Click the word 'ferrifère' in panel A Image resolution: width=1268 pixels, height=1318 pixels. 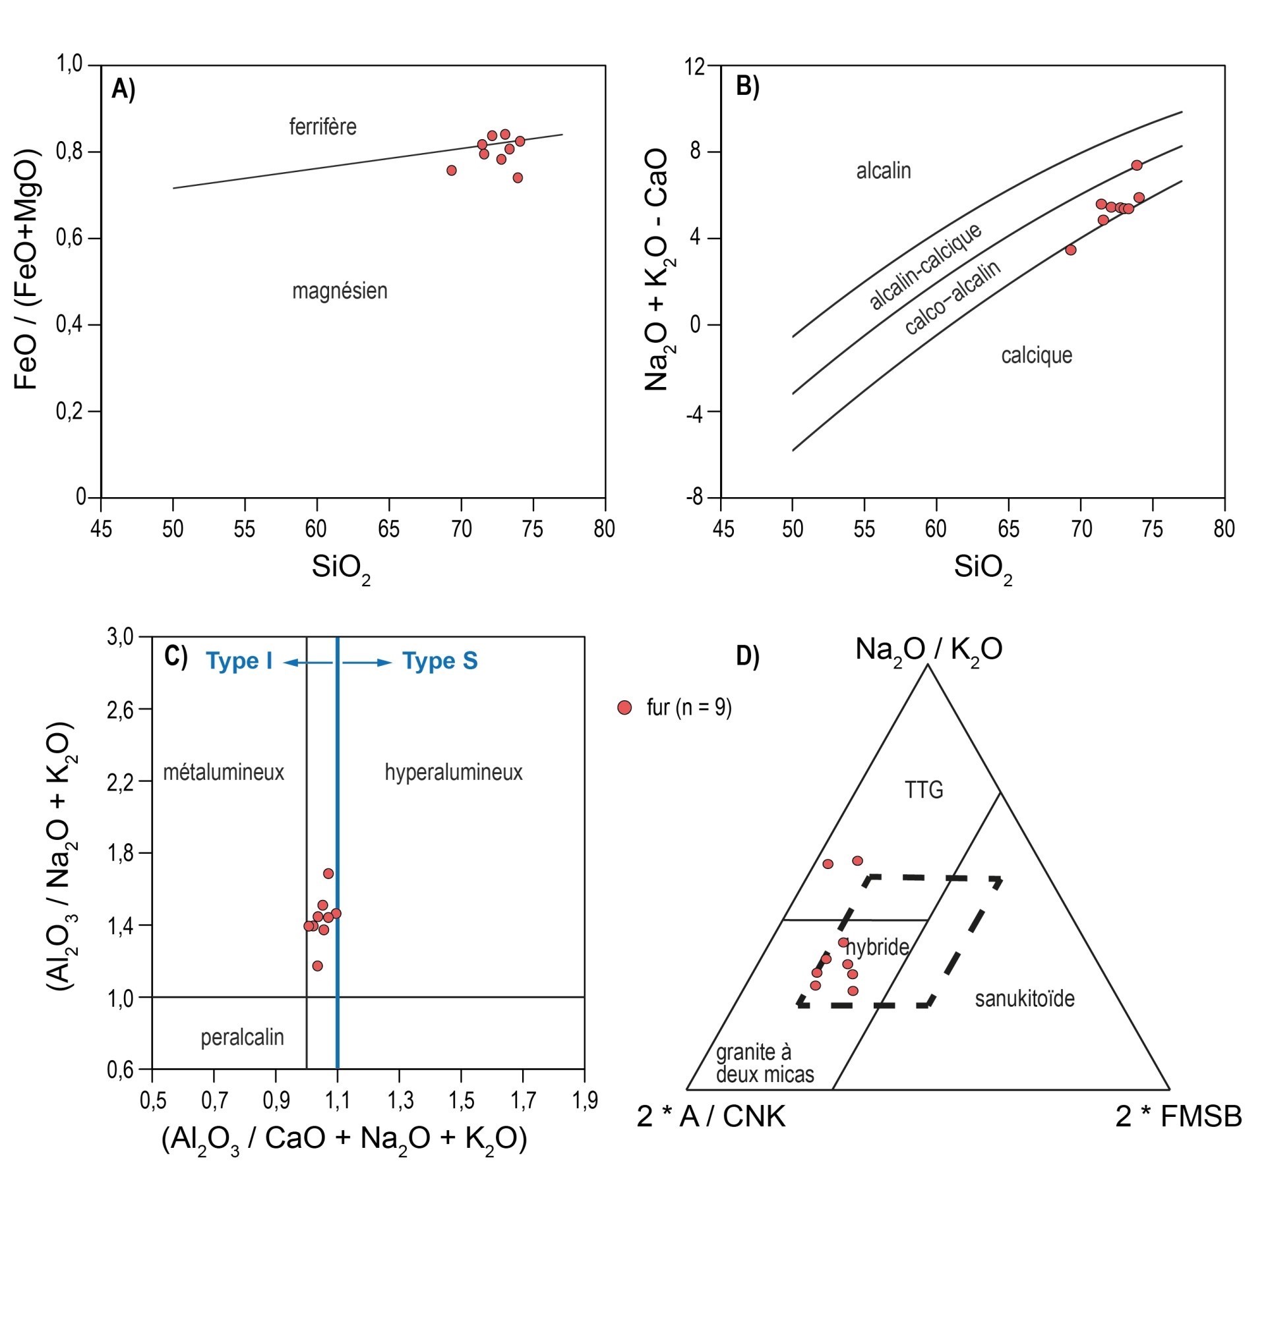322,127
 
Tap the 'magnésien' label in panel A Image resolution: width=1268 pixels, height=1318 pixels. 339,291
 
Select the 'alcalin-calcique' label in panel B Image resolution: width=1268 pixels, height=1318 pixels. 924,266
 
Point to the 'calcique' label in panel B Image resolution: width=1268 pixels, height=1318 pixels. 1036,355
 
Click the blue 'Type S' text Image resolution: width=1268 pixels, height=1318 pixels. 440,661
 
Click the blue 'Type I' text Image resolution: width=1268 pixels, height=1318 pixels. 239,661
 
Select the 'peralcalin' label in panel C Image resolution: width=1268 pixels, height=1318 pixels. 242,1038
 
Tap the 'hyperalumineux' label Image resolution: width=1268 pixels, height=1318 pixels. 454,772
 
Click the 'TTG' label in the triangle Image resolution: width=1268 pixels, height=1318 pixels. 924,789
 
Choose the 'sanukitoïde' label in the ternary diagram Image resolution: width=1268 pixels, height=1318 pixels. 1024,999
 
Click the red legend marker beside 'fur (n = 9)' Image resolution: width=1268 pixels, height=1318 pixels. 624,707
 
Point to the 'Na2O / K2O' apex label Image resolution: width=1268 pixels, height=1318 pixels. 928,649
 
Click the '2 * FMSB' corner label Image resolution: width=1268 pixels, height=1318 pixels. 1178,1116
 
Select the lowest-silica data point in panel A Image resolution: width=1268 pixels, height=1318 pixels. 452,170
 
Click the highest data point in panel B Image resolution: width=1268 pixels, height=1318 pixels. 1136,165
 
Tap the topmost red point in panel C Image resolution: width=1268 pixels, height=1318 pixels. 328,874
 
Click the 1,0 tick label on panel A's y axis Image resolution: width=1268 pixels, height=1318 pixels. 69,65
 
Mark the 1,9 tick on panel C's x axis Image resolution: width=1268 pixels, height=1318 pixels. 584,1102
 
